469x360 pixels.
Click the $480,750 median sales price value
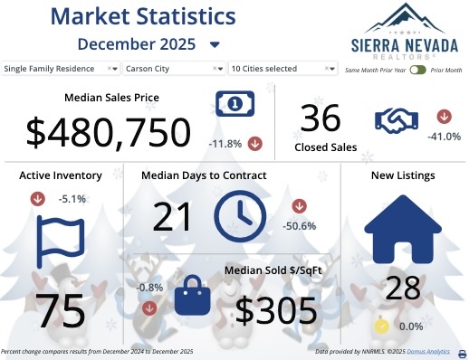coord(109,132)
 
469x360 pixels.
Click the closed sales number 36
coord(321,119)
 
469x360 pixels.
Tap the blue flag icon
coord(60,242)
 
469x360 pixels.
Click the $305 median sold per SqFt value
coord(276,310)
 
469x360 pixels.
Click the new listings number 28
coord(403,288)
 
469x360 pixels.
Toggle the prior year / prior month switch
coord(417,69)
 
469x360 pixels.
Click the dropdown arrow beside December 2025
coord(215,44)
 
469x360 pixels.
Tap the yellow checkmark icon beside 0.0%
coord(382,326)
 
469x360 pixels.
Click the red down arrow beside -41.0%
coord(444,117)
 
